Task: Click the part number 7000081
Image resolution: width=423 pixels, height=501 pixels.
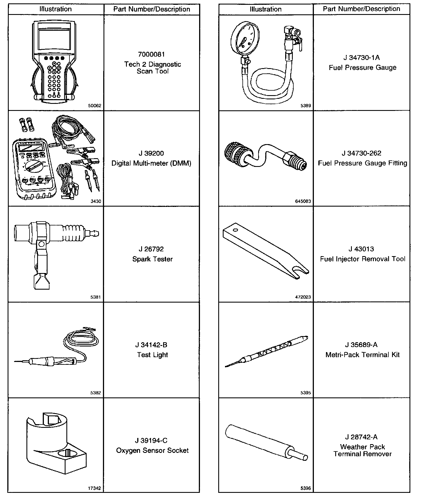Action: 151,54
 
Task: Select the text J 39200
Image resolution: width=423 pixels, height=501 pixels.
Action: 151,153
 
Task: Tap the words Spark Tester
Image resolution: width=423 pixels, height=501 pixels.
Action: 152,259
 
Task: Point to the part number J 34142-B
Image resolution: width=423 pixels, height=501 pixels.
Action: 151,345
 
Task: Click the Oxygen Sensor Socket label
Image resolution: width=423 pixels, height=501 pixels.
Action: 152,451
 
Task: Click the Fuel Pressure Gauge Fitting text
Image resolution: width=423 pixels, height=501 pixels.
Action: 363,163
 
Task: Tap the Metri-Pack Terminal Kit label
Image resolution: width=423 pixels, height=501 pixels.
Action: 363,355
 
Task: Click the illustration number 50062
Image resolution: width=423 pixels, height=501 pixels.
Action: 94,106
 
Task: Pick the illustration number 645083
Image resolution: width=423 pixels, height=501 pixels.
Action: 303,202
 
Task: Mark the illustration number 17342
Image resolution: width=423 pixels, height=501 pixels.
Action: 94,488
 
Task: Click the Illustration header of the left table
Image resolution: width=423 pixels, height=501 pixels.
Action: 56,9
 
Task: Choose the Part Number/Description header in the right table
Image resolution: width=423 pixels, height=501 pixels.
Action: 361,9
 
